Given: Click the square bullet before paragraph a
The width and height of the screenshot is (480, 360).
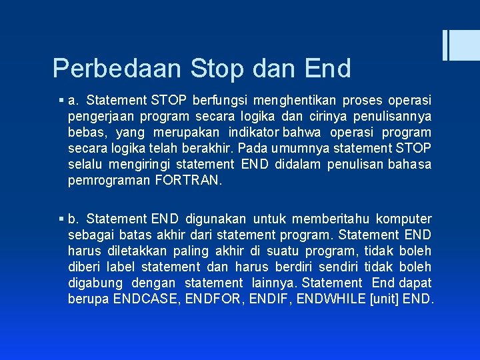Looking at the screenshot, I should pos(61,101).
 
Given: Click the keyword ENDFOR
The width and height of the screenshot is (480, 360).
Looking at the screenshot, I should pos(212,299).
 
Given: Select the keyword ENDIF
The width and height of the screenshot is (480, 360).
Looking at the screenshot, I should pos(269,299).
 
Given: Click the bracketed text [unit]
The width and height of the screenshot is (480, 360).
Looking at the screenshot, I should pos(385,299).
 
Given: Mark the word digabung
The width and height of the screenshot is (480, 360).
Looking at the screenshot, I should pos(93,283).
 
